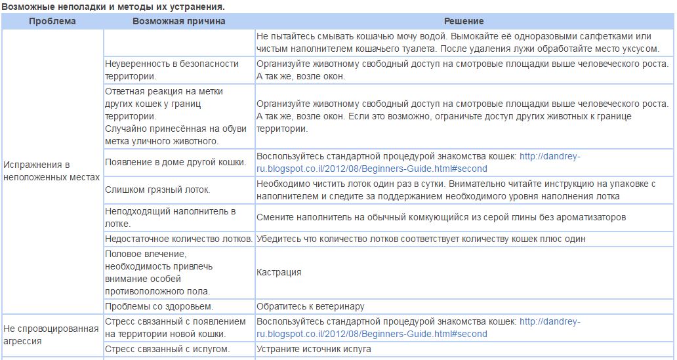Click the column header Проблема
click(52, 21)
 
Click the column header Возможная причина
click(178, 21)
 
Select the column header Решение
click(464, 21)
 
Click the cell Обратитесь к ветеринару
click(310, 306)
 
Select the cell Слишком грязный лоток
click(157, 190)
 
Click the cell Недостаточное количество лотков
click(178, 239)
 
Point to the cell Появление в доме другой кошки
click(176, 162)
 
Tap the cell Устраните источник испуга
click(314, 349)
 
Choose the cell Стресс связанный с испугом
click(167, 349)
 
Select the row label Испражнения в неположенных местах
click(51, 170)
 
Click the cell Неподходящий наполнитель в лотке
click(171, 217)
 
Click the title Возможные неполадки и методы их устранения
click(113, 7)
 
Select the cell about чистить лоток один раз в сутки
click(456, 190)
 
